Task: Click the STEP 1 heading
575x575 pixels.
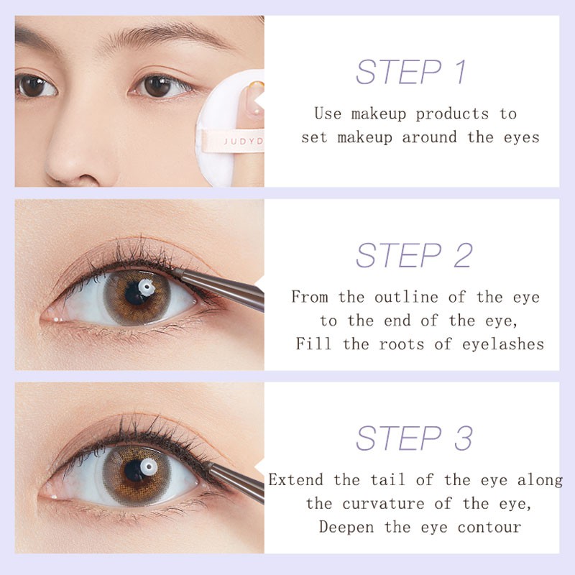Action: tap(411, 73)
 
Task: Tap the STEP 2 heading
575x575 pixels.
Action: tap(414, 256)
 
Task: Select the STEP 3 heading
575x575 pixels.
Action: tap(414, 438)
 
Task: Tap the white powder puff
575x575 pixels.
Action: tap(230, 122)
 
